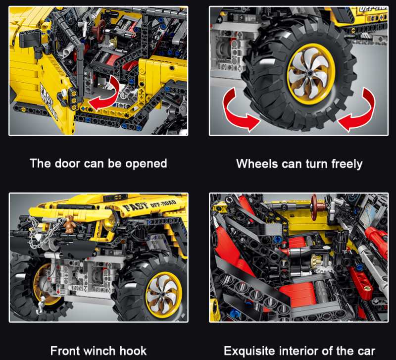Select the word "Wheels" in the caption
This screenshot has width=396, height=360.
pyautogui.click(x=257, y=164)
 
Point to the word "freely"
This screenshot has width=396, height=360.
pyautogui.click(x=347, y=164)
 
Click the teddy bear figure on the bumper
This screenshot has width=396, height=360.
pyautogui.click(x=69, y=224)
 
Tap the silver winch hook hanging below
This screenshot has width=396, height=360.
pyautogui.click(x=42, y=305)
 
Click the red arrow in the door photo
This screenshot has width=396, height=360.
pyautogui.click(x=105, y=95)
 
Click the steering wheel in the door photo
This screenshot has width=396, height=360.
pyautogui.click(x=101, y=30)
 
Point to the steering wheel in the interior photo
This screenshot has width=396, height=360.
pyautogui.click(x=315, y=207)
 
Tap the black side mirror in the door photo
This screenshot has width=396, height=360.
pyautogui.click(x=30, y=39)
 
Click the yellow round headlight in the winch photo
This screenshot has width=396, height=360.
pyautogui.click(x=111, y=222)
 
